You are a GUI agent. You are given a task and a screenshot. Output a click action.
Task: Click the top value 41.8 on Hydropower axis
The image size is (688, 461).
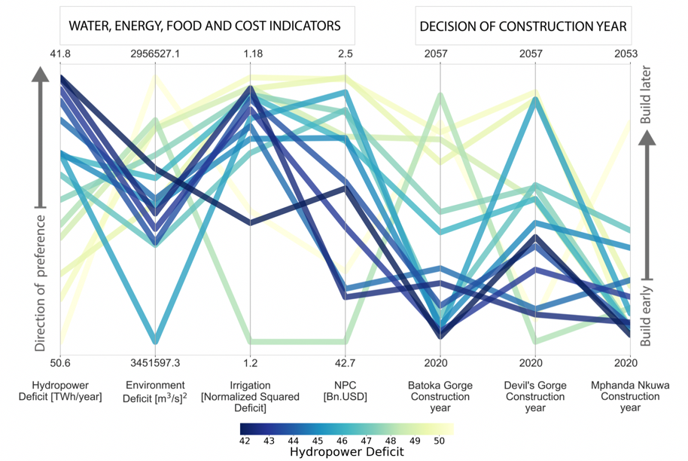[60, 53]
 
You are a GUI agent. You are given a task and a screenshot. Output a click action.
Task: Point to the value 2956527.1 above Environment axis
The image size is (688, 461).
[155, 53]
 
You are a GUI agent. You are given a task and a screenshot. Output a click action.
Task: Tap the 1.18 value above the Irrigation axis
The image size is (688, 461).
[251, 53]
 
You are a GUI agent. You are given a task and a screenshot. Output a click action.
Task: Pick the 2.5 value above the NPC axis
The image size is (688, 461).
[346, 53]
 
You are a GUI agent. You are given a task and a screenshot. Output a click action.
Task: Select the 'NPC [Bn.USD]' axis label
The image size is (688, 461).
[346, 391]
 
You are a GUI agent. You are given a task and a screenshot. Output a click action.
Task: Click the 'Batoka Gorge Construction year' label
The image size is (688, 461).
[440, 396]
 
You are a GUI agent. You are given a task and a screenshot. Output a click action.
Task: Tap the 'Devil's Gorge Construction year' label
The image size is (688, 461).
[534, 396]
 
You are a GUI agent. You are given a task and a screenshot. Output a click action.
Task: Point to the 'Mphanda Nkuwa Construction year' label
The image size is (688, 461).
[630, 396]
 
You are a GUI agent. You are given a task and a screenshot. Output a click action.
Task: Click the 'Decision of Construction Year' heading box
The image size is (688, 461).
[523, 26]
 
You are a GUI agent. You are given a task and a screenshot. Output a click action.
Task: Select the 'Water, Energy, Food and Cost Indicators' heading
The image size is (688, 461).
[205, 26]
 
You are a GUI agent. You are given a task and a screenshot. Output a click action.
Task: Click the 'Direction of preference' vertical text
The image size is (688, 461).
[41, 282]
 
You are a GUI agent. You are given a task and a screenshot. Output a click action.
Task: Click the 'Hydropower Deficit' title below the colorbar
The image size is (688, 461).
[346, 452]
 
